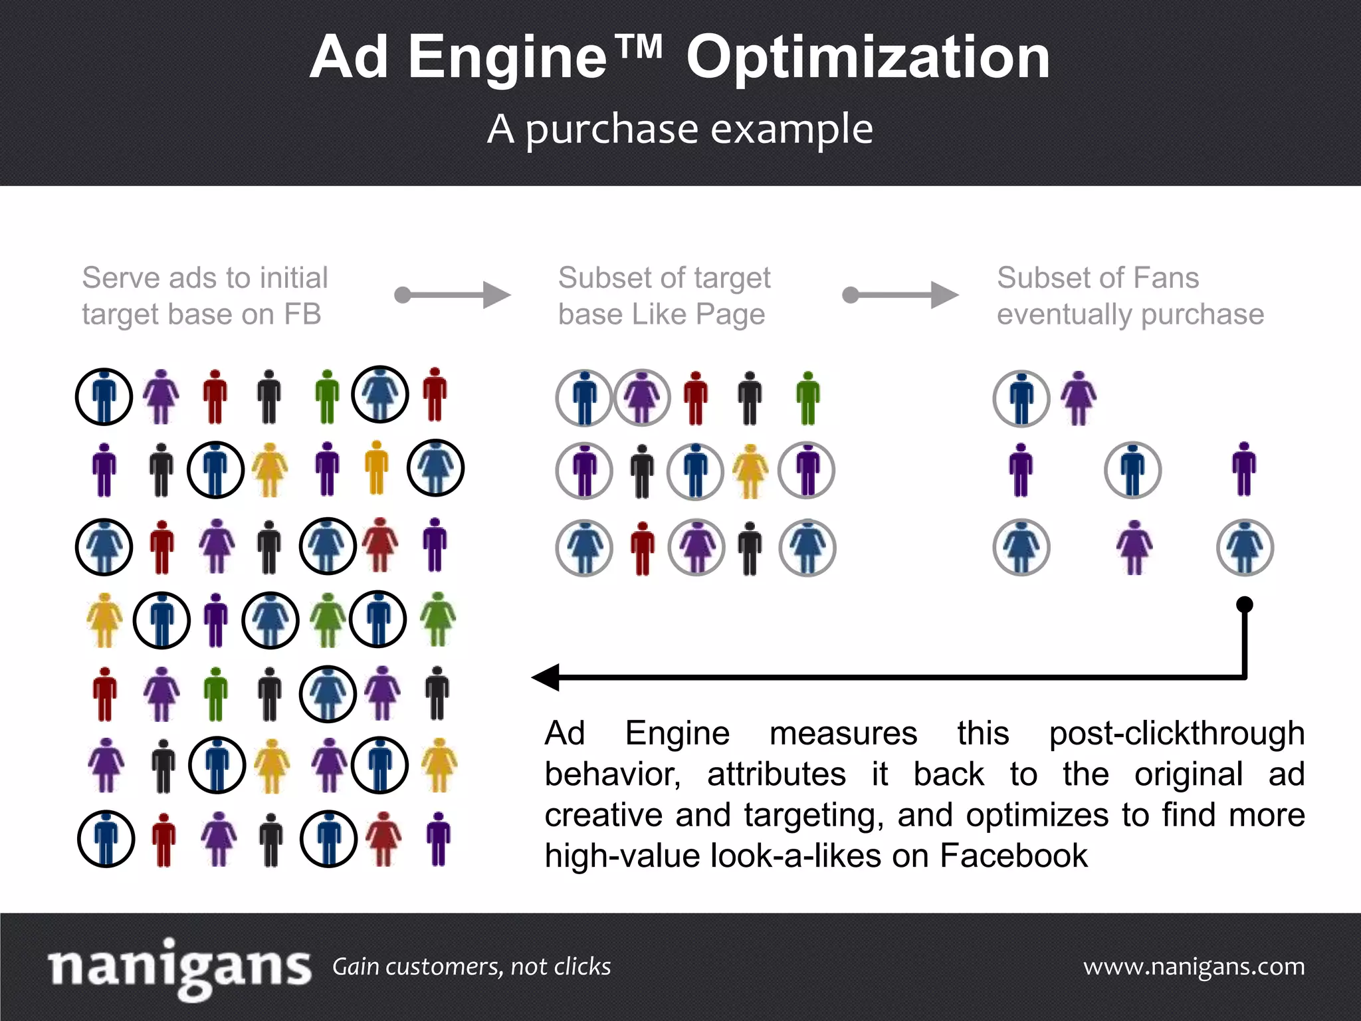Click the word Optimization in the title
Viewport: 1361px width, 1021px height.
868,58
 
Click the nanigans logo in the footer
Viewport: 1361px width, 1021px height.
179,967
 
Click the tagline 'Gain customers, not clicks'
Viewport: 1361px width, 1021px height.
471,966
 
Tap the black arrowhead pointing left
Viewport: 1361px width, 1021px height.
546,677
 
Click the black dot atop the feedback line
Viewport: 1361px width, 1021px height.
1245,605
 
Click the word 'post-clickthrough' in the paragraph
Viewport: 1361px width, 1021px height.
1176,734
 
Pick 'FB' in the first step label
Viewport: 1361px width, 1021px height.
303,314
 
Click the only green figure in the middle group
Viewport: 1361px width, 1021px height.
808,397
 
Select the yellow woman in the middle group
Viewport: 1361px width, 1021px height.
750,471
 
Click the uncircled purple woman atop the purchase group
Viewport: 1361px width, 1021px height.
1079,397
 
